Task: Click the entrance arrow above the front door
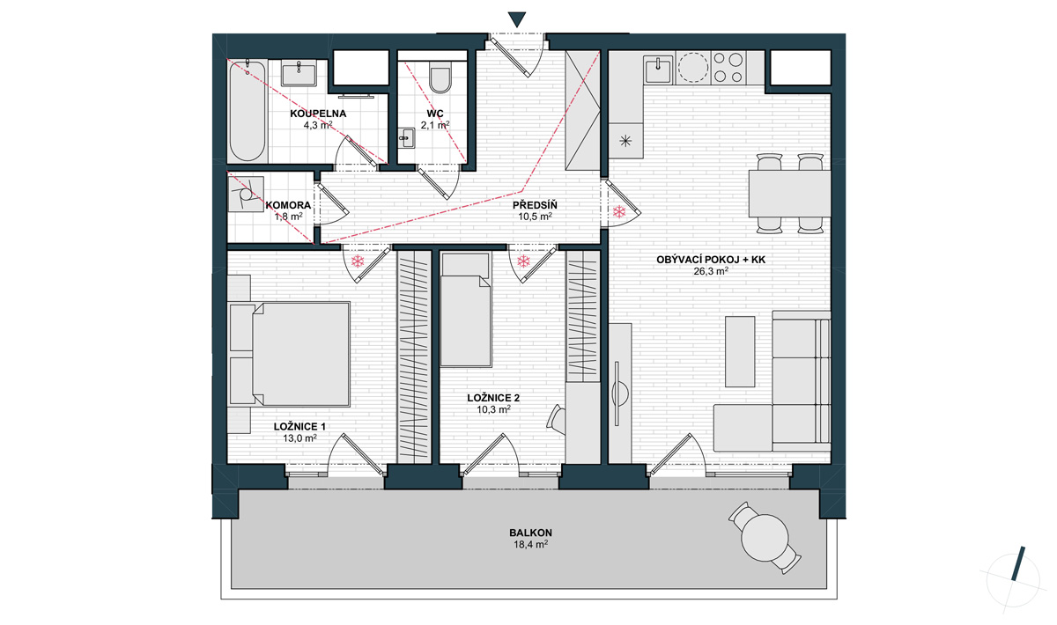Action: click(517, 19)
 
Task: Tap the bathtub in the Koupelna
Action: click(247, 110)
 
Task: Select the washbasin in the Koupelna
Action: click(299, 74)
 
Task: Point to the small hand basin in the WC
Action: click(406, 138)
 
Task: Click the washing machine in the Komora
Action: click(246, 195)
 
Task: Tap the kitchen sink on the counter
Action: click(658, 70)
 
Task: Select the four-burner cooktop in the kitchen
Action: click(728, 68)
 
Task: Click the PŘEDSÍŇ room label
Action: click(535, 205)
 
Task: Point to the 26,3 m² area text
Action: click(711, 271)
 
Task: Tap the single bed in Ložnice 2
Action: click(466, 310)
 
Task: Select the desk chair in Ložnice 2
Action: click(557, 418)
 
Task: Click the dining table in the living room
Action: click(789, 194)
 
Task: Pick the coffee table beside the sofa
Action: click(739, 351)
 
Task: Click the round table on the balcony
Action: click(765, 538)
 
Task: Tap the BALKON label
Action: click(530, 533)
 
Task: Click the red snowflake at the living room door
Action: click(619, 212)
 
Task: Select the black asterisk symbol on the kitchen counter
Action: click(625, 141)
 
